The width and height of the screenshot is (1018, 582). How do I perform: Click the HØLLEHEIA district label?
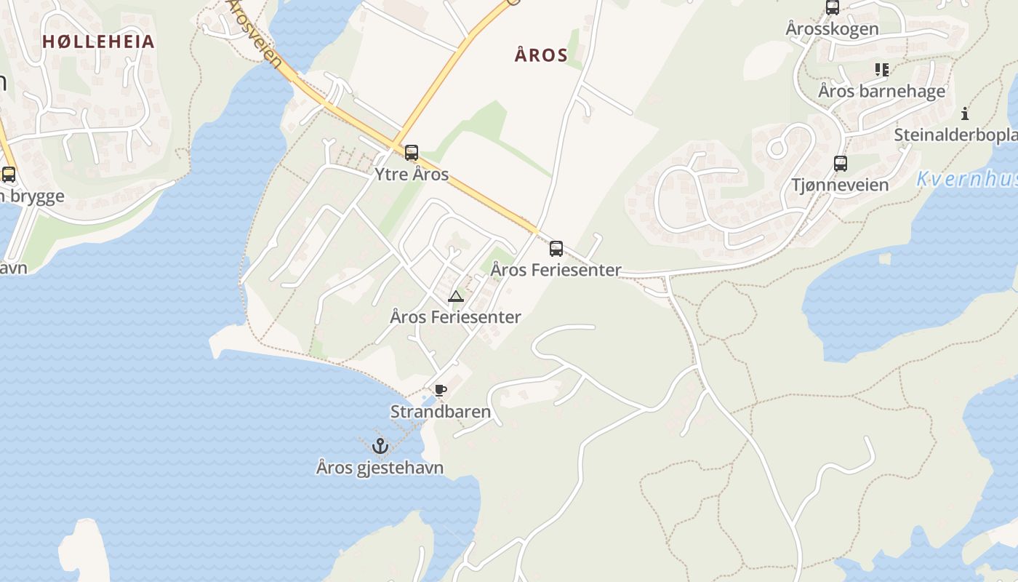98,41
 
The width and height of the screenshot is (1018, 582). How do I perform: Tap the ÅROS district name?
541,55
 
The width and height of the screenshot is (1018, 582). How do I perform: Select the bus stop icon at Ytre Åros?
412,153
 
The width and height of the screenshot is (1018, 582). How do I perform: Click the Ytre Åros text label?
412,175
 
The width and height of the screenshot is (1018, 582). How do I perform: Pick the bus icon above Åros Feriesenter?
556,249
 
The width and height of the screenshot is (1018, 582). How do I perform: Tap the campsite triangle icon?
456,296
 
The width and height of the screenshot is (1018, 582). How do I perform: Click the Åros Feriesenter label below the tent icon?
456,317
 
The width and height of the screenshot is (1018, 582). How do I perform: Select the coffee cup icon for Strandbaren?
440,391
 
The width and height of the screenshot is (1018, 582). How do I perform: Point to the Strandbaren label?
441,412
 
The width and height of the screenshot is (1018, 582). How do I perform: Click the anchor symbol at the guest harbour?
380,446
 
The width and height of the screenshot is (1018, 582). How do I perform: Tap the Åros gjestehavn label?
380,467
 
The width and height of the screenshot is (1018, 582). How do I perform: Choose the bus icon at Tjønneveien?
841,164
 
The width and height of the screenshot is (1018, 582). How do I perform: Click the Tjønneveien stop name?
840,185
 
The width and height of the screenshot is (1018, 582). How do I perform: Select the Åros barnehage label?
881,91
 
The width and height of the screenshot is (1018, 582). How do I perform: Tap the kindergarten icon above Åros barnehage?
882,70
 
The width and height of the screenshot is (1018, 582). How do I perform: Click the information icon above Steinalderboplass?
965,113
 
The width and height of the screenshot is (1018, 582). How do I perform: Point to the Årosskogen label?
832,29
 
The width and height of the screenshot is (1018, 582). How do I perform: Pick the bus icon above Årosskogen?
833,8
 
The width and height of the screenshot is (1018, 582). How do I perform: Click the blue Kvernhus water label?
966,179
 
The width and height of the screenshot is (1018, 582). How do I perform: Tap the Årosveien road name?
254,33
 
